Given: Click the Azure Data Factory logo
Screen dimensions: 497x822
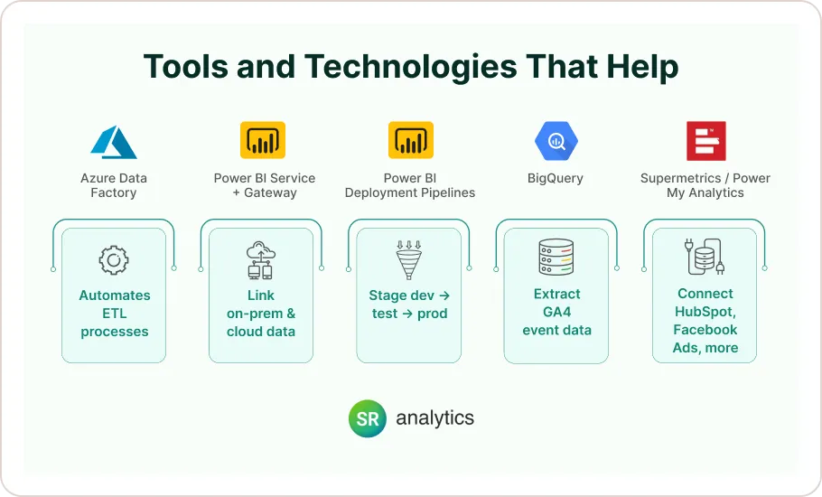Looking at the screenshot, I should [x=113, y=142].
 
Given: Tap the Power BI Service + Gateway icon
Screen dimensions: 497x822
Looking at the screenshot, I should [x=262, y=141].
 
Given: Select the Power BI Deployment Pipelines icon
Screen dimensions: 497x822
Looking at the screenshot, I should [x=410, y=141].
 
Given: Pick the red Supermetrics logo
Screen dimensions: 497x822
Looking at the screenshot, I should [x=705, y=141].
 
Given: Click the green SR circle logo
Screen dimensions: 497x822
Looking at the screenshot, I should [x=368, y=418].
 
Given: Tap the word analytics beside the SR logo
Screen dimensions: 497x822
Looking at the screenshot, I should [x=434, y=417].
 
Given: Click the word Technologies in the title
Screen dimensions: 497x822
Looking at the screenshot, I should [x=410, y=67].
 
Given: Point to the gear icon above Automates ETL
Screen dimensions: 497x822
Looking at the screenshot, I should [x=114, y=261].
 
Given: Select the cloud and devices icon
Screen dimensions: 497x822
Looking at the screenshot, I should [x=261, y=260].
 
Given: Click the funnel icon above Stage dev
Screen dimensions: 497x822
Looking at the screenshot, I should [x=409, y=259].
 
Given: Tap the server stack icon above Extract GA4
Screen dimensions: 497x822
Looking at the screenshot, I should [x=556, y=258].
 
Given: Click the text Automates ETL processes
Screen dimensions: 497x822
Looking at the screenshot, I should [x=115, y=314].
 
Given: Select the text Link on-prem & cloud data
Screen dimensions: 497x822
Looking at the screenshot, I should [x=261, y=314].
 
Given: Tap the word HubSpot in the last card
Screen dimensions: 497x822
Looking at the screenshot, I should [x=705, y=312].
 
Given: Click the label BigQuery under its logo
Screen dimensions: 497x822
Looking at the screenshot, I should [x=556, y=179].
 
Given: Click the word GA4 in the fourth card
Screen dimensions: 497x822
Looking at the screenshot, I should [x=556, y=312].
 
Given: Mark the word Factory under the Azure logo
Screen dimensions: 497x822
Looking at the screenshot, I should [x=114, y=192].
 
